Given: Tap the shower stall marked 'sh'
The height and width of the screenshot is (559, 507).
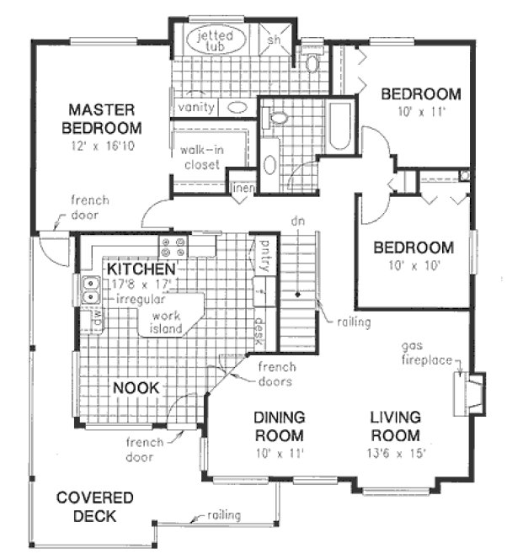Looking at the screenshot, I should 274,40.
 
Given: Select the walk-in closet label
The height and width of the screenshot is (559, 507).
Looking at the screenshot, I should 200,157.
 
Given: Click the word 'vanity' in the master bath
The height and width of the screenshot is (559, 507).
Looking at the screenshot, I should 196,108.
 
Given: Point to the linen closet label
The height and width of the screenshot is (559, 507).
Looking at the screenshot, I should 243,187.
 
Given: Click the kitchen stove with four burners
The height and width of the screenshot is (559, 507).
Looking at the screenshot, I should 173,247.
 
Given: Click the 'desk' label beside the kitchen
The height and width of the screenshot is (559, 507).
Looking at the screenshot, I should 260,328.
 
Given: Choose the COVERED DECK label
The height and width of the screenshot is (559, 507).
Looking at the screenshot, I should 86,506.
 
